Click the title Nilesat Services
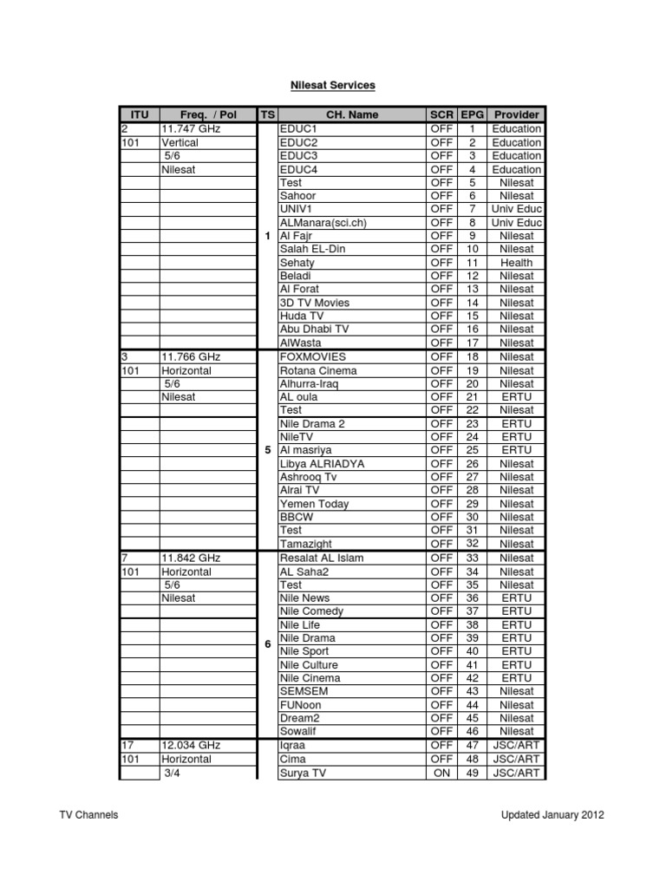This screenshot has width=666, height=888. [x=333, y=86]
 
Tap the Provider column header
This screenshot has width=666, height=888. [x=516, y=114]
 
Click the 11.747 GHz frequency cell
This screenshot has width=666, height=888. [x=191, y=128]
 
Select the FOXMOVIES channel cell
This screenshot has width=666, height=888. [x=312, y=356]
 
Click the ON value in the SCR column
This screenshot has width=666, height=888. [x=441, y=773]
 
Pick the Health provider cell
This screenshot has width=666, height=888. [x=516, y=262]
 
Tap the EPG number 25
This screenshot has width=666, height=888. [x=473, y=450]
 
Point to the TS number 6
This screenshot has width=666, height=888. [x=267, y=644]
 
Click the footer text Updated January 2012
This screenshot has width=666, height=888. [x=552, y=815]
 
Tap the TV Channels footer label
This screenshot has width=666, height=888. [x=88, y=815]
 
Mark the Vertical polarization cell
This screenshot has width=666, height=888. [x=180, y=142]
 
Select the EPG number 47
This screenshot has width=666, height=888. [x=473, y=745]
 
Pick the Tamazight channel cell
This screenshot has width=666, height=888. [x=304, y=544]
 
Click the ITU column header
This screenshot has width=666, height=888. [x=139, y=114]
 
